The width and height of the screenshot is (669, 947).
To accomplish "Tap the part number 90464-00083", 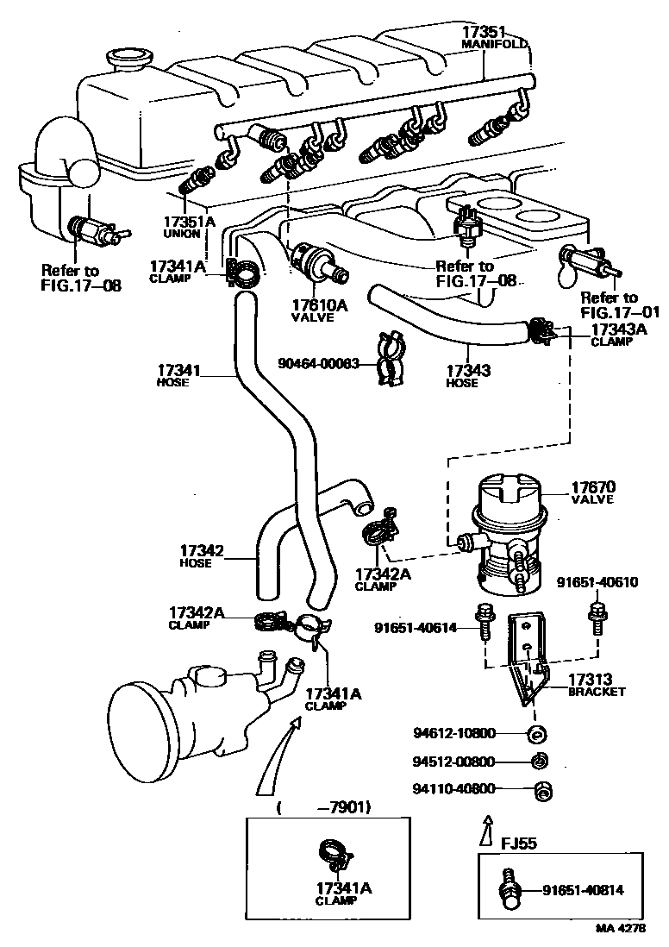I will [x=318, y=364].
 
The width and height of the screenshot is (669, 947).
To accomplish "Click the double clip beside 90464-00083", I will [x=391, y=358].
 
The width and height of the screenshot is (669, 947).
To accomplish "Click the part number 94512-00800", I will [x=453, y=762].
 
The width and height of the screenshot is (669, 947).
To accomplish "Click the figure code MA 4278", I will [x=620, y=931].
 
